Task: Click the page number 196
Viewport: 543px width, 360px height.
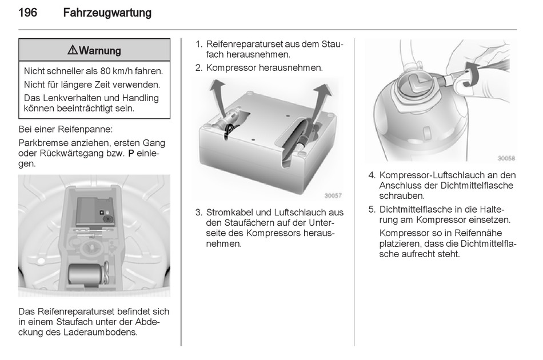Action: (x=27, y=13)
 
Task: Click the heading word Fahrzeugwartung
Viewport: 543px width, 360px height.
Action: (x=107, y=13)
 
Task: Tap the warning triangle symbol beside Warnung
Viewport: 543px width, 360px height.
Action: (x=73, y=50)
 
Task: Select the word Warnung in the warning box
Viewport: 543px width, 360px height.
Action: (x=100, y=51)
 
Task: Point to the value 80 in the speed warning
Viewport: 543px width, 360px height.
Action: (x=106, y=71)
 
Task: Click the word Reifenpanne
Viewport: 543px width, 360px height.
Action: (x=85, y=130)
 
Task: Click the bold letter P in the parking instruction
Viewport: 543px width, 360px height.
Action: (x=131, y=153)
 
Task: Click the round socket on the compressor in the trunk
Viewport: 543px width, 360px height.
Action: (x=107, y=219)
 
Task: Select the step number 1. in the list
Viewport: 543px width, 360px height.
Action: (x=199, y=45)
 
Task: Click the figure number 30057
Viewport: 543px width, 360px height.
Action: (x=333, y=195)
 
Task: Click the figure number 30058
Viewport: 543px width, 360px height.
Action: (x=506, y=158)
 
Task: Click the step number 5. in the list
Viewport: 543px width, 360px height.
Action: (x=372, y=210)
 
